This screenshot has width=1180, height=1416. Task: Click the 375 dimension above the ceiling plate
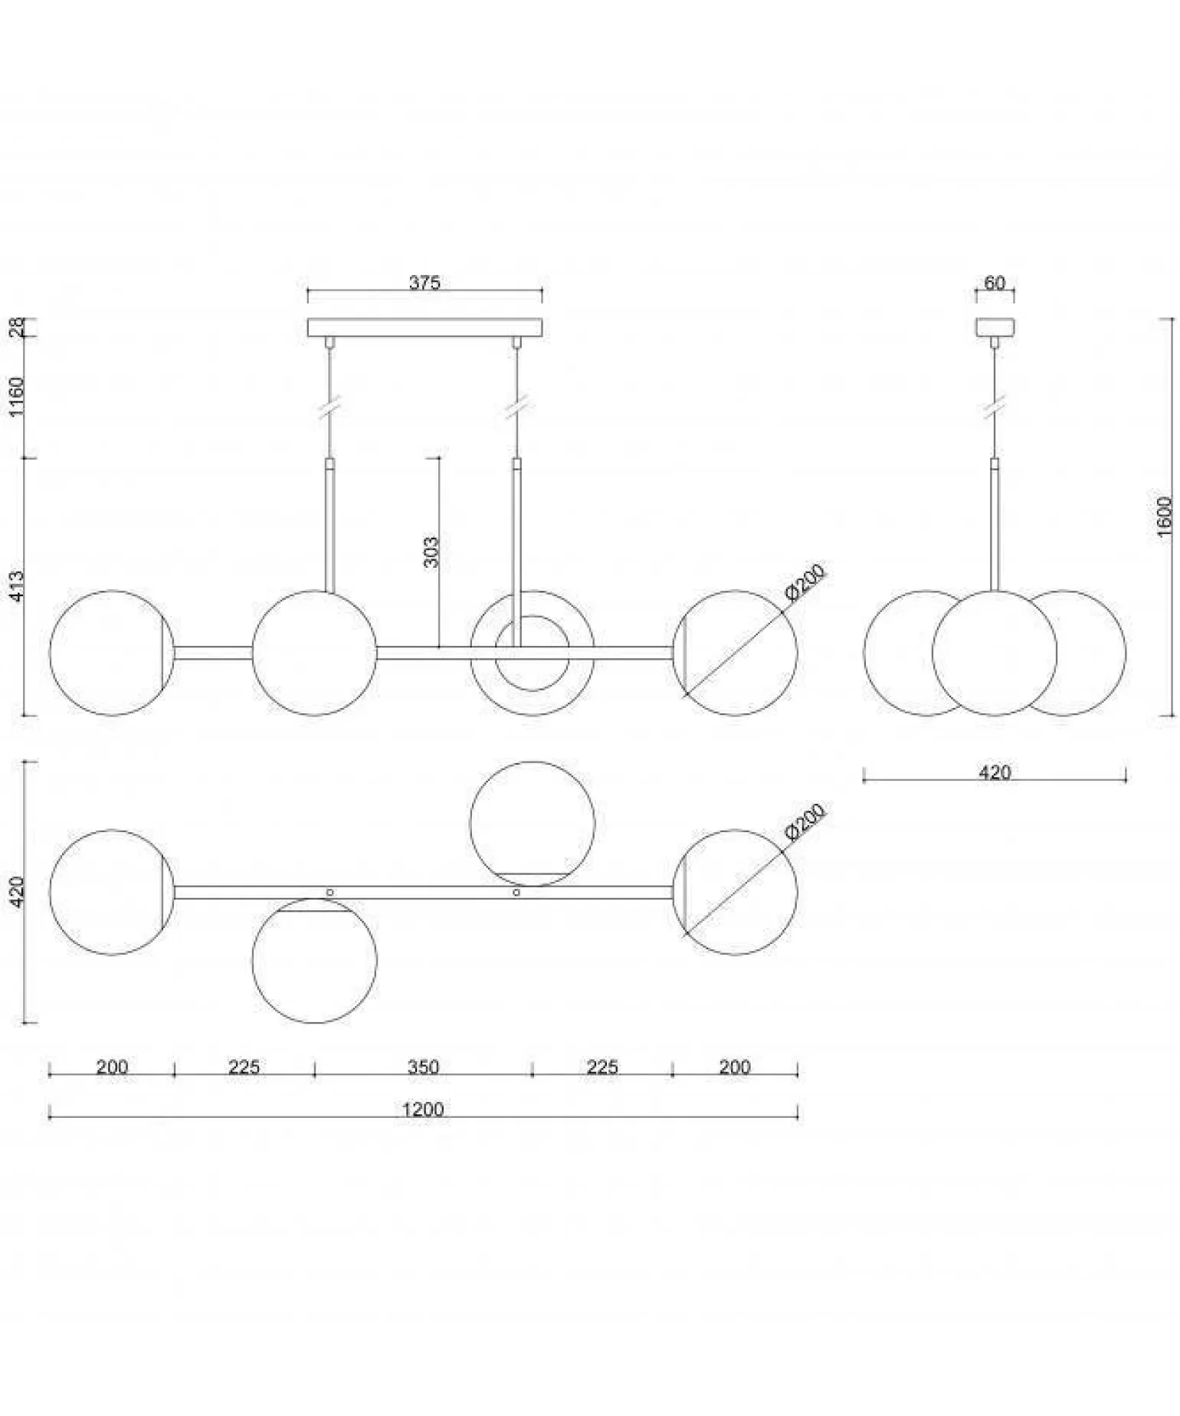(424, 283)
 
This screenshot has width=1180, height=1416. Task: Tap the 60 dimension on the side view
(994, 283)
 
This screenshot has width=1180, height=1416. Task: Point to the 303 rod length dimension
(431, 551)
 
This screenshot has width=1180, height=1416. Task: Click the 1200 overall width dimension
(423, 1109)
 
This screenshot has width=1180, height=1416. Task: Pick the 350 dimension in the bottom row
(423, 1067)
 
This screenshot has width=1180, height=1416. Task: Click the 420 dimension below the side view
(995, 772)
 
